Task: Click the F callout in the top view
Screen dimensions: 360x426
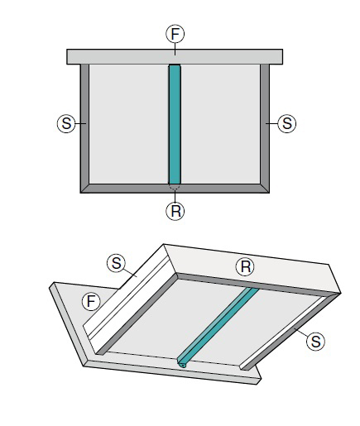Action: (x=175, y=34)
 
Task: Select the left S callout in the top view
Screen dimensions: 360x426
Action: (x=66, y=123)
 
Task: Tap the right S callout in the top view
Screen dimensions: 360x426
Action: (x=287, y=123)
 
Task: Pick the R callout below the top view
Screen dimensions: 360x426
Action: (x=175, y=211)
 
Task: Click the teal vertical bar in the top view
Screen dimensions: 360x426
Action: (x=175, y=124)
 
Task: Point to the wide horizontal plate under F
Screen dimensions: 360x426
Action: (x=175, y=57)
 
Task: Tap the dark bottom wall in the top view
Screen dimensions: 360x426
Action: (x=175, y=189)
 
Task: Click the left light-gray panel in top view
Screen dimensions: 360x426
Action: (x=129, y=124)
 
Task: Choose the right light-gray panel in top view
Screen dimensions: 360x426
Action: (x=220, y=124)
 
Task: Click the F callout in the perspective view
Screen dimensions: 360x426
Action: (x=91, y=301)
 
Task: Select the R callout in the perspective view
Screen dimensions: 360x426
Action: (x=245, y=266)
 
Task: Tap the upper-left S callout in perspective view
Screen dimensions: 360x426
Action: (x=116, y=263)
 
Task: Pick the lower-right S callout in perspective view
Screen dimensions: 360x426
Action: (x=315, y=342)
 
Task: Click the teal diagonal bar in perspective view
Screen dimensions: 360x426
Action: (x=218, y=327)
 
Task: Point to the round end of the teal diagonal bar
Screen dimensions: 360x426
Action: (x=182, y=365)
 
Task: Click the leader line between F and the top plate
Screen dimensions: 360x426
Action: (x=175, y=49)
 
